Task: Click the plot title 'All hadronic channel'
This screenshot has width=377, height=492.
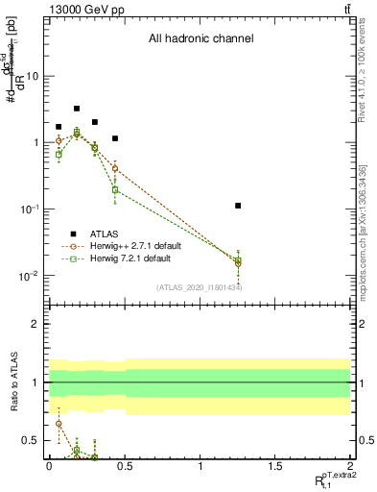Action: (x=200, y=39)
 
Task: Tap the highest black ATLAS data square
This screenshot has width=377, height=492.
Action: (x=77, y=109)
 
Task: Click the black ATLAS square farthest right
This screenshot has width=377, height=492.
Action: (x=238, y=206)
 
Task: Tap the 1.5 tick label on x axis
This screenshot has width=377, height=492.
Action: (x=275, y=466)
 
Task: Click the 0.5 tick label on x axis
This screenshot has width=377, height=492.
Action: (x=125, y=466)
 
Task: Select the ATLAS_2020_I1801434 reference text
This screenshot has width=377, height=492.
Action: (x=200, y=287)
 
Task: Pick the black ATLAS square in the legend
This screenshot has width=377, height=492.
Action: (x=72, y=233)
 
